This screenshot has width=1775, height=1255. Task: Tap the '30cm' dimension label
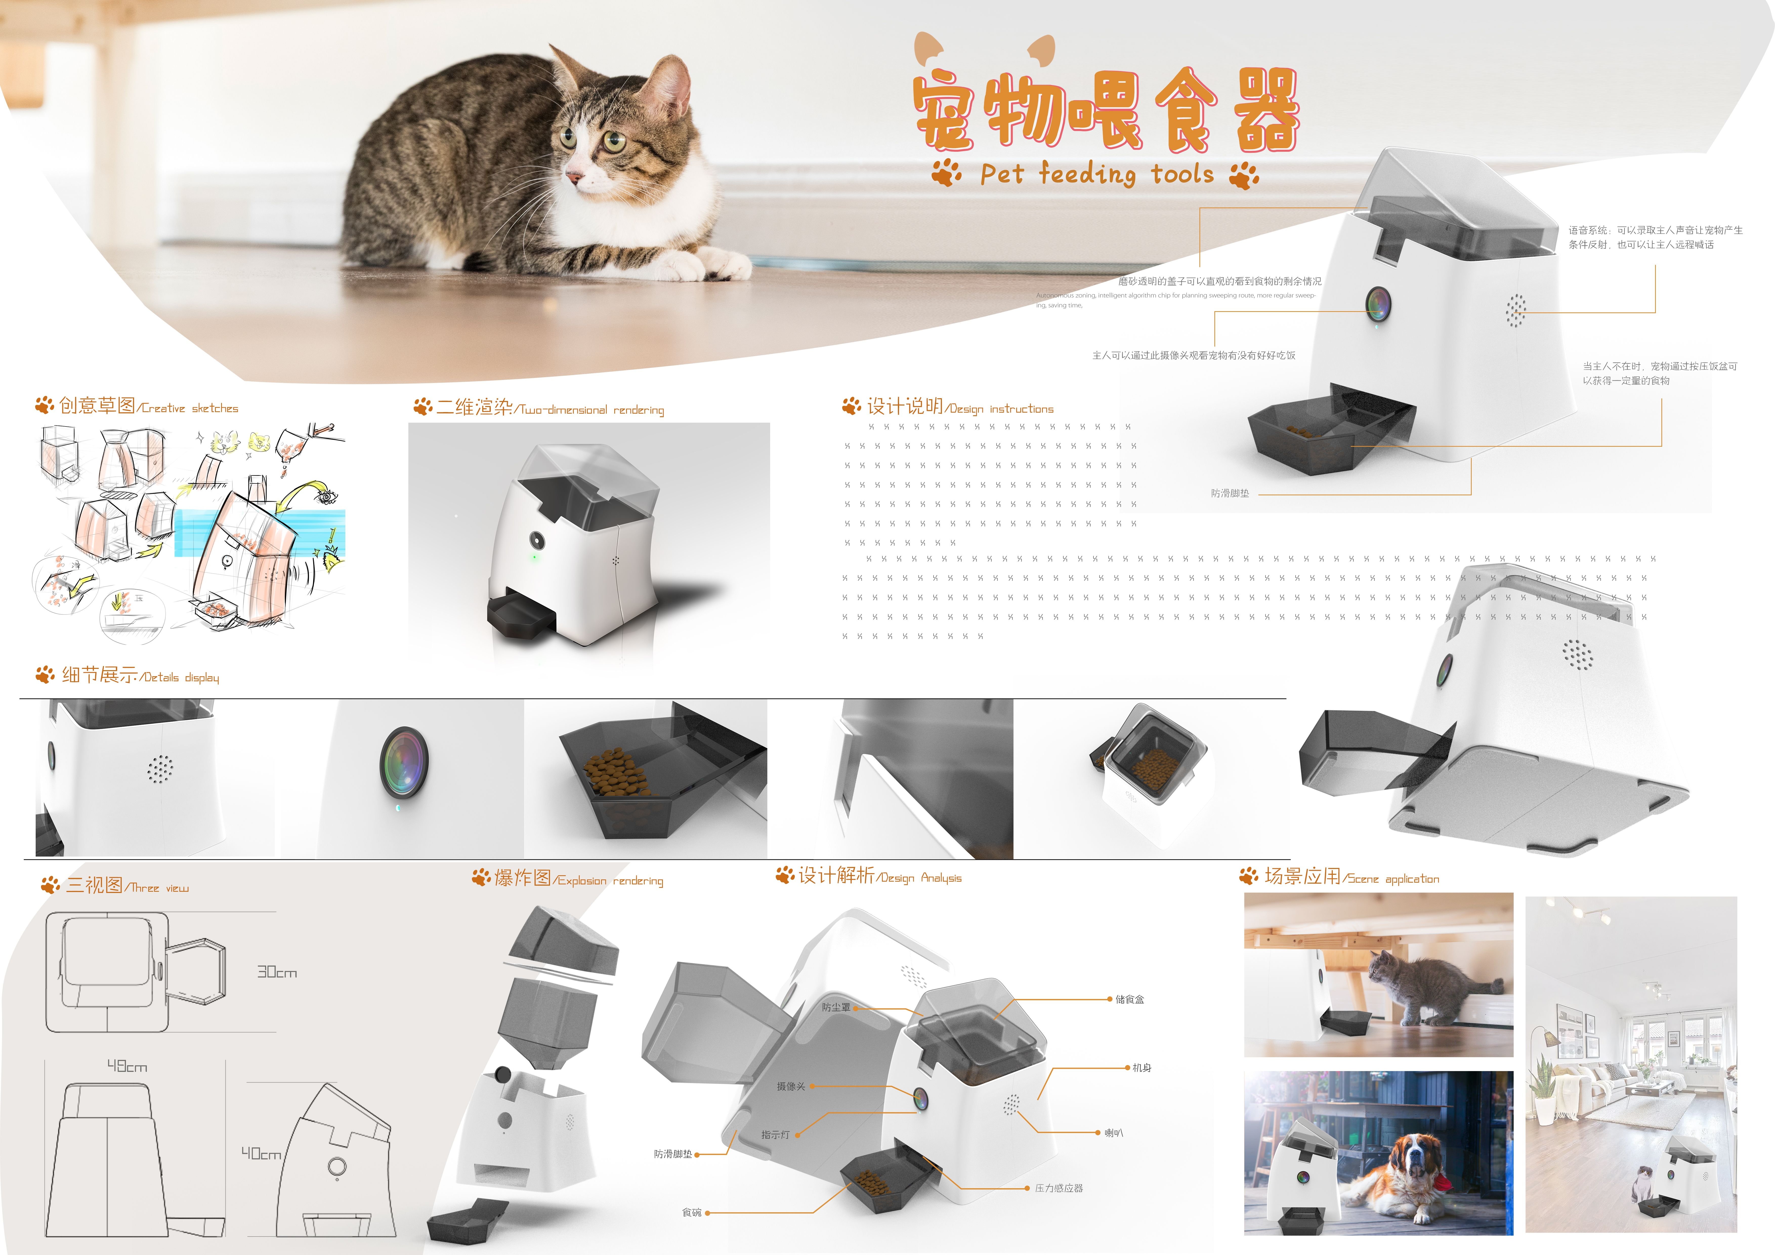click(x=277, y=972)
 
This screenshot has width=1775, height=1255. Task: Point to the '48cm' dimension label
click(x=127, y=1066)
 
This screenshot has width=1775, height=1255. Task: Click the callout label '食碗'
click(x=691, y=1213)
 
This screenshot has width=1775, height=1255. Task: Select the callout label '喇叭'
click(x=1113, y=1133)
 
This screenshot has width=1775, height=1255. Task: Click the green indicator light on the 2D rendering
click(x=533, y=556)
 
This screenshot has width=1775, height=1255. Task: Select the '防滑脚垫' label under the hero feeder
click(x=1229, y=493)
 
